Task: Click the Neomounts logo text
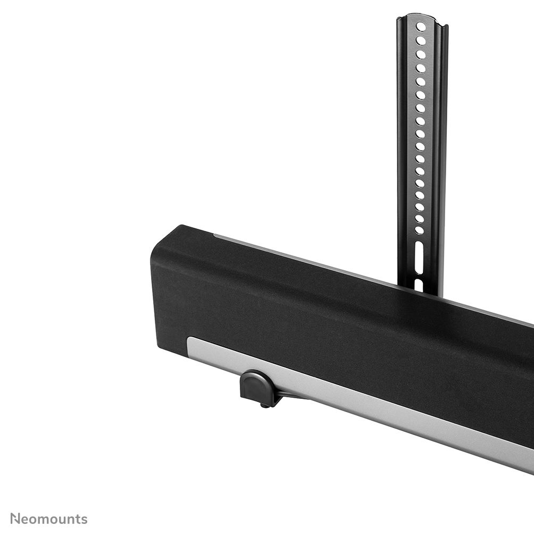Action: point(49,519)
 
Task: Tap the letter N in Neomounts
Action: point(15,519)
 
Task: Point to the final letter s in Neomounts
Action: point(85,520)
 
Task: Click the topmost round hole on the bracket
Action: point(421,27)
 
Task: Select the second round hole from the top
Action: point(421,40)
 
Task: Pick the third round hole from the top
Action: point(421,54)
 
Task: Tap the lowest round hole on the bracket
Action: point(420,230)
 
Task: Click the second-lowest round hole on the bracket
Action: point(420,218)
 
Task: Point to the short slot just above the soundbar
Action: point(419,285)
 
